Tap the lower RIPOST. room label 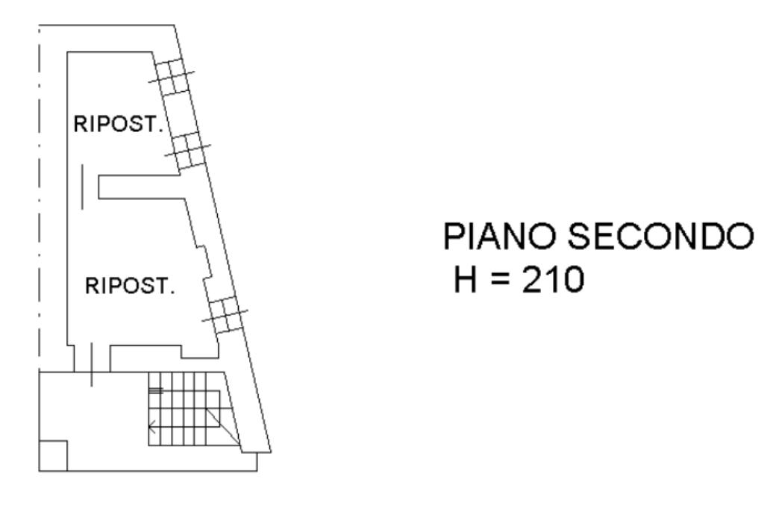coord(131,286)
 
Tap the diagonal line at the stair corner coord(223,426)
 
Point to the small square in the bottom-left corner coord(53,455)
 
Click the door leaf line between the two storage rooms coord(83,187)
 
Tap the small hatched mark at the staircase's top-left coord(156,390)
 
